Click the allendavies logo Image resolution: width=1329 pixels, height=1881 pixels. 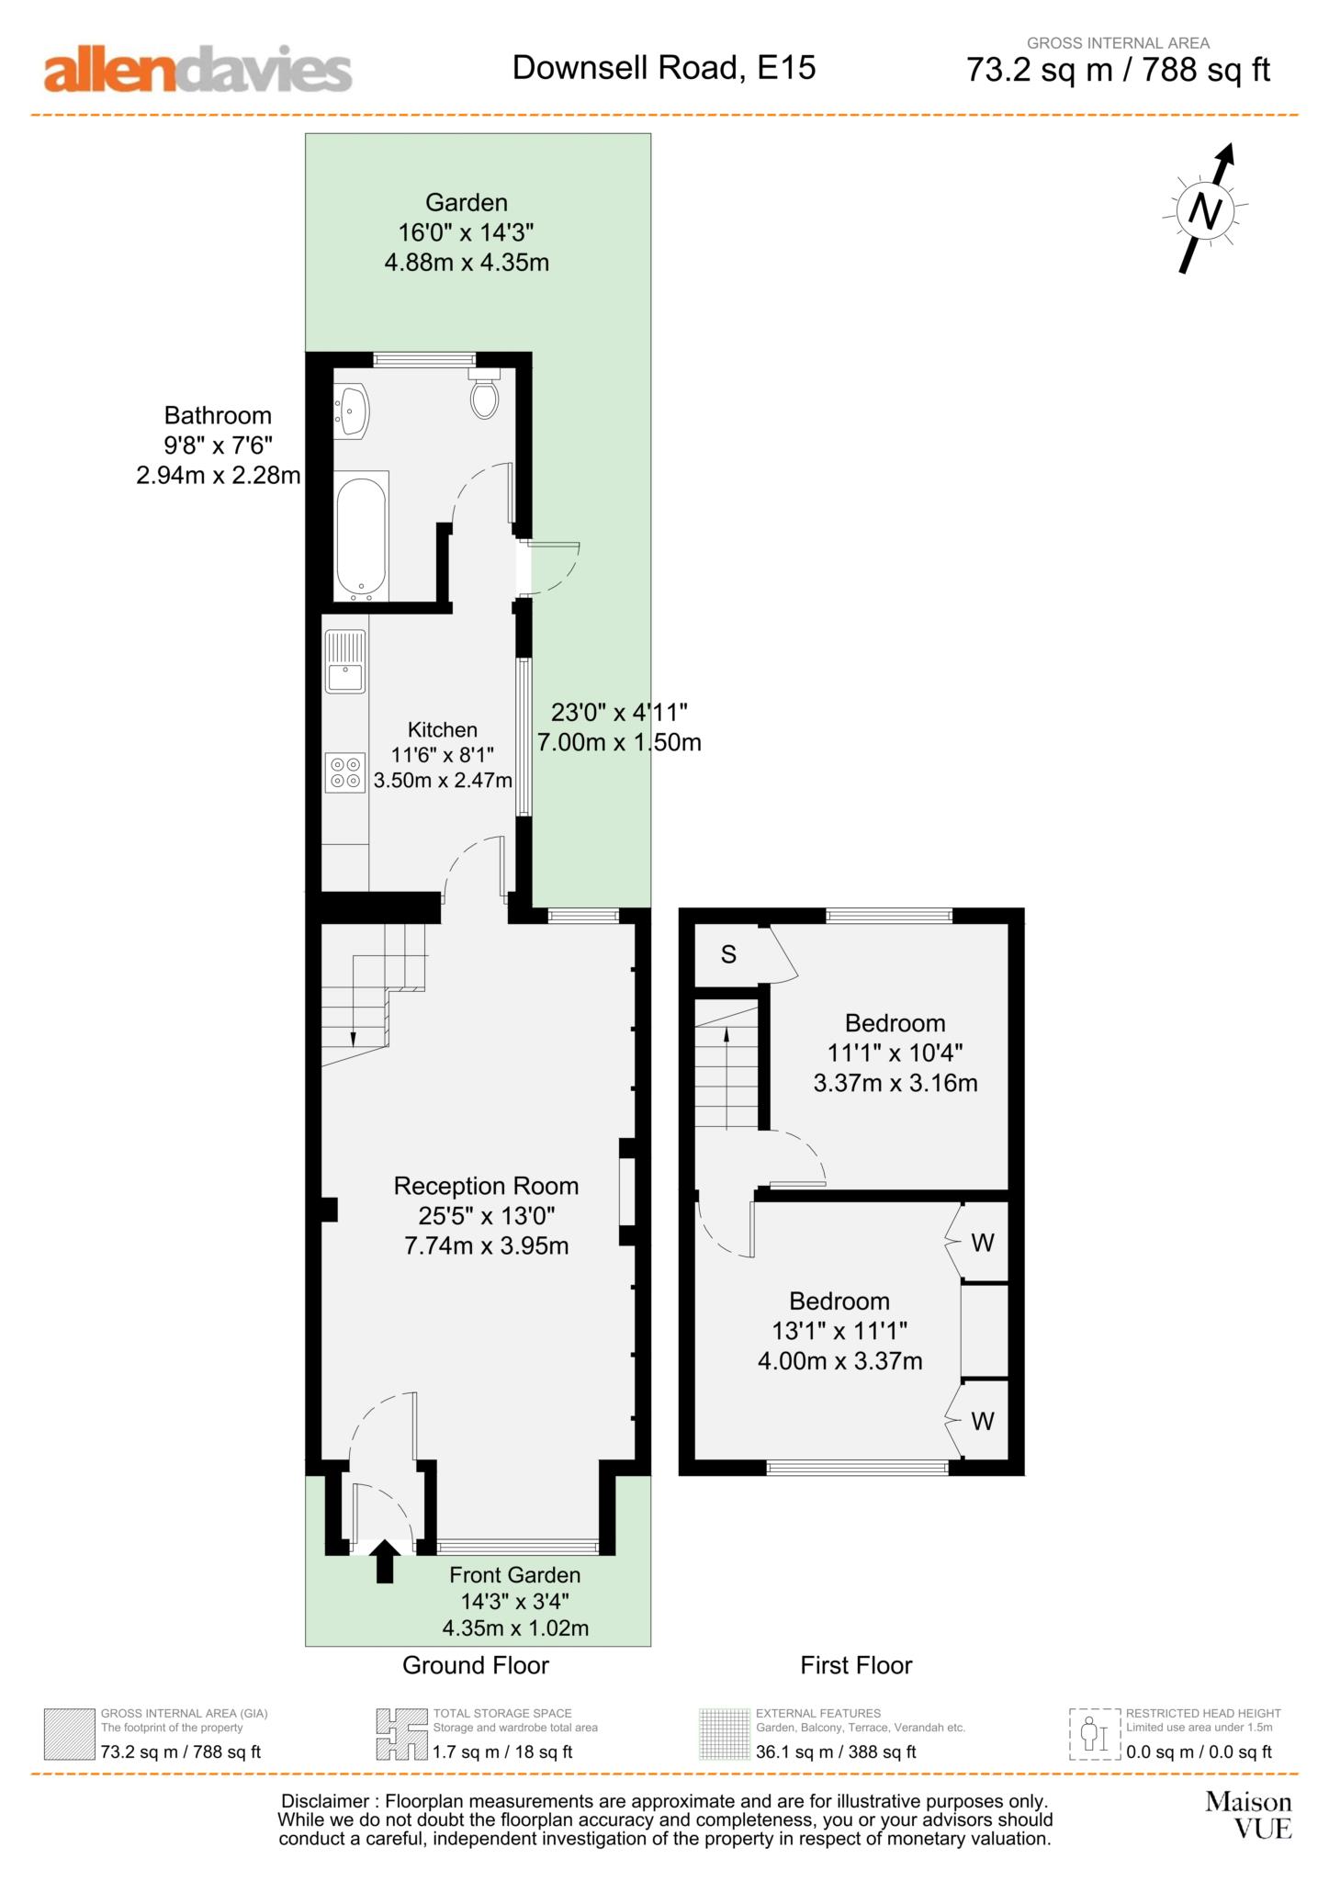point(197,70)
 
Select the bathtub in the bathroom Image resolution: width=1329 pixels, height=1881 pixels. point(362,537)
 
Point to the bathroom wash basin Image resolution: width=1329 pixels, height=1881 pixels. point(352,411)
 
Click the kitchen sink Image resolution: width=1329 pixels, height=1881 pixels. point(344,662)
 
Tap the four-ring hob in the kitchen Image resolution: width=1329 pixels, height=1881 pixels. point(344,772)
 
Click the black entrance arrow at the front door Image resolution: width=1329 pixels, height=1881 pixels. point(385,1560)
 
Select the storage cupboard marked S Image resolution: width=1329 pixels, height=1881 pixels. point(728,954)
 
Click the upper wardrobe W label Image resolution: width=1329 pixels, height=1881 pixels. point(982,1244)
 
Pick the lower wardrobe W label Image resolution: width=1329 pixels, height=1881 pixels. point(982,1422)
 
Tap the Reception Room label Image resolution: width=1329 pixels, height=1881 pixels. point(486,1186)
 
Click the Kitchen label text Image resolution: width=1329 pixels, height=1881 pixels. point(443,730)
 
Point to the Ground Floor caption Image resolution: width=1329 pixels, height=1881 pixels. point(476,1665)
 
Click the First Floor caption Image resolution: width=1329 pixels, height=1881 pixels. point(856,1665)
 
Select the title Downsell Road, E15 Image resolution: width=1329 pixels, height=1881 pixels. point(664,68)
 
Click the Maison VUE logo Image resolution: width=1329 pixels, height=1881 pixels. point(1248,1815)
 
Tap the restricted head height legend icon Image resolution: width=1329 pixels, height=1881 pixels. point(1095,1735)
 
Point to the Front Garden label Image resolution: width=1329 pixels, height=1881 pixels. point(514,1575)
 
